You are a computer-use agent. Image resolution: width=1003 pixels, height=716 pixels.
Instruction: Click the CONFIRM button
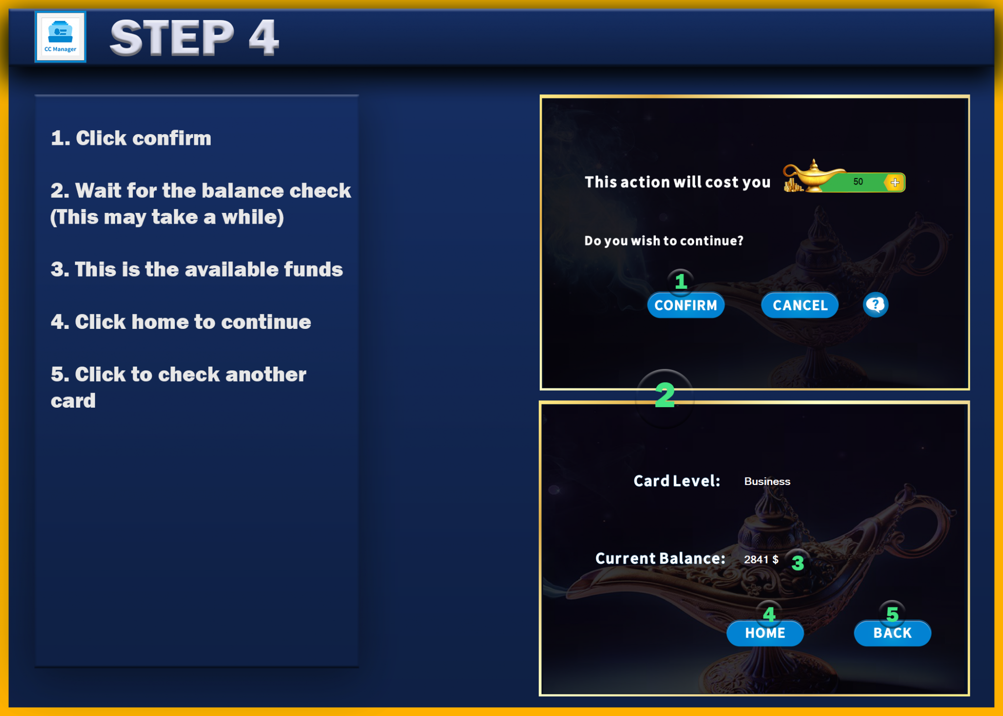tap(686, 305)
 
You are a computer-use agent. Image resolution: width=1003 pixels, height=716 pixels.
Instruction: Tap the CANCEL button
tap(800, 305)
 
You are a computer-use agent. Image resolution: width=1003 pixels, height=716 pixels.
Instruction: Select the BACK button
tap(892, 633)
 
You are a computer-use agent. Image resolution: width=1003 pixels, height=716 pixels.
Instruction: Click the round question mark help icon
tap(875, 305)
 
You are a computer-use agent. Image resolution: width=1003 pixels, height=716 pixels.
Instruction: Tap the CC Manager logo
tap(60, 37)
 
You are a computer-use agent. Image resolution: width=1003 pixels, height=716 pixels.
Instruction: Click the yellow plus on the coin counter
tap(895, 182)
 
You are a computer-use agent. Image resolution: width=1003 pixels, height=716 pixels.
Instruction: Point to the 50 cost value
tap(858, 182)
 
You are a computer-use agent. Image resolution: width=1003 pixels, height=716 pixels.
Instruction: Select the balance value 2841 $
tap(761, 559)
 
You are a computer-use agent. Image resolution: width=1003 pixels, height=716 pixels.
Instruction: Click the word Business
tap(767, 481)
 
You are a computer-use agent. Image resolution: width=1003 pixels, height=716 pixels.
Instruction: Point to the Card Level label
tap(676, 481)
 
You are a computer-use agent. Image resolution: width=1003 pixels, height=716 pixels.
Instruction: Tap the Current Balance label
tap(660, 558)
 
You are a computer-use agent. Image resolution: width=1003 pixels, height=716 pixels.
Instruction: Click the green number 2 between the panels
tap(665, 395)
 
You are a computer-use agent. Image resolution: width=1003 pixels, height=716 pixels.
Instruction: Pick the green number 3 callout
tap(798, 563)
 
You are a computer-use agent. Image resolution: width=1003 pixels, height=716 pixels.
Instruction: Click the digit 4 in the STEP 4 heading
tap(263, 37)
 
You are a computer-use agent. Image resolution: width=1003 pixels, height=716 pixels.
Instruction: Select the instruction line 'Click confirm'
tap(131, 138)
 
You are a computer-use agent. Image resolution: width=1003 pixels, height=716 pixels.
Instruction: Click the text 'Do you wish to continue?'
tap(664, 241)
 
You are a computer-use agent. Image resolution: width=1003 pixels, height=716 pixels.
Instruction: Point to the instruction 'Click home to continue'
tap(181, 322)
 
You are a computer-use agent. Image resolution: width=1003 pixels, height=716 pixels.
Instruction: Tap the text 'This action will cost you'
tap(677, 182)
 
